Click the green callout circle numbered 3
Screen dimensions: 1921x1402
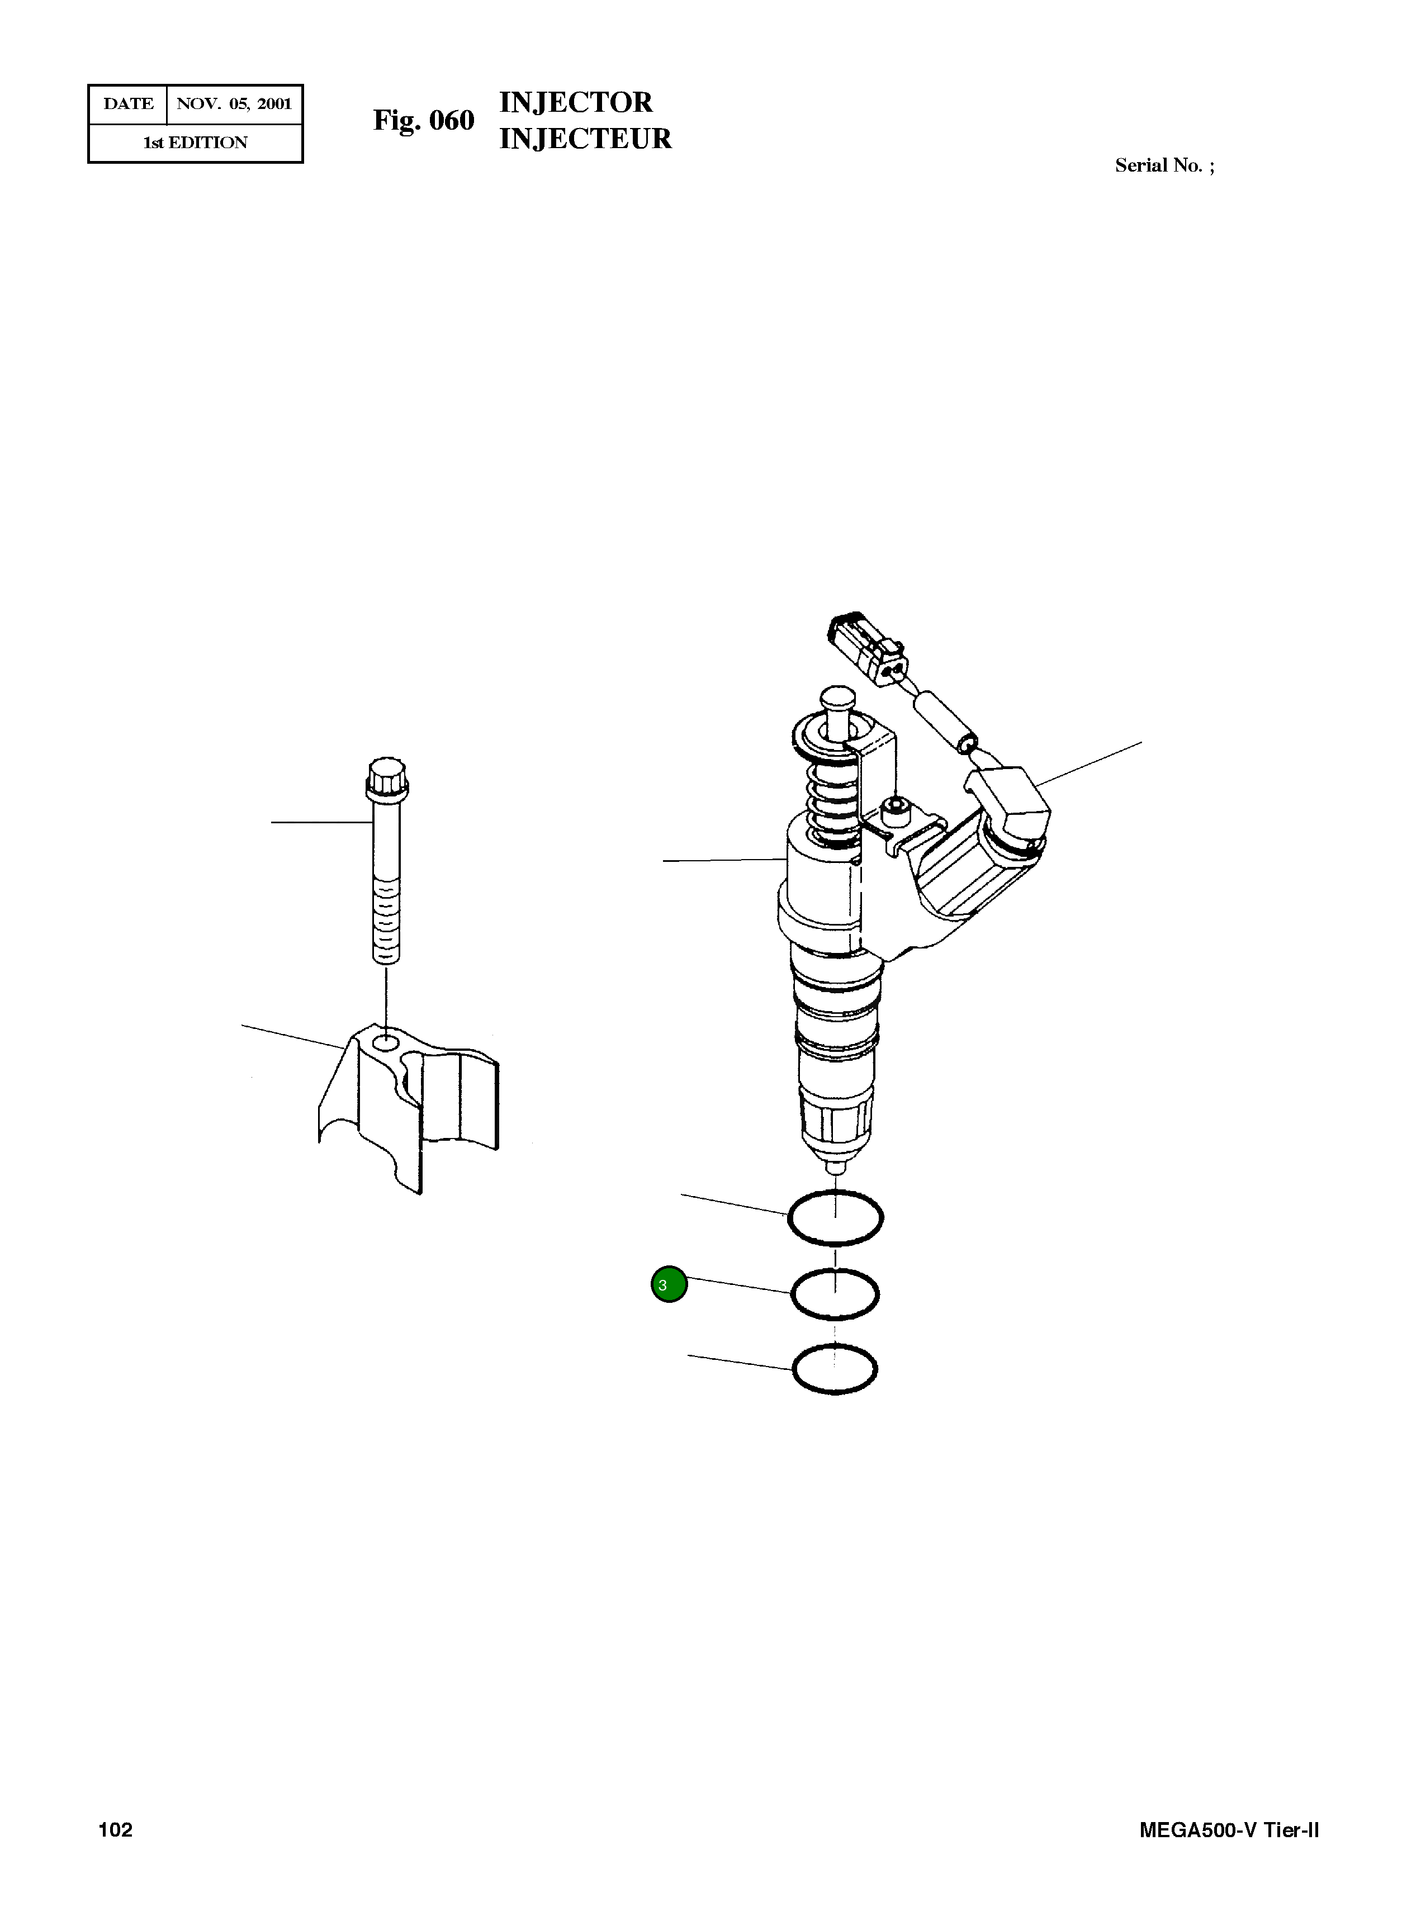point(669,1284)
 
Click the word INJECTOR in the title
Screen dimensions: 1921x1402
point(575,103)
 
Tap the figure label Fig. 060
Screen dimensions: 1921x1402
point(424,121)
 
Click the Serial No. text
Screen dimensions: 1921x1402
point(1163,165)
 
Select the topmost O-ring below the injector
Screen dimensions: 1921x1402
point(835,1218)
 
